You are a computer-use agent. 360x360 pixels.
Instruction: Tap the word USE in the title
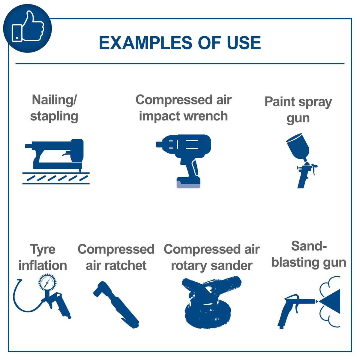(244, 43)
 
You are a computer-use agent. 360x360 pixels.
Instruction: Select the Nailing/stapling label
(54, 108)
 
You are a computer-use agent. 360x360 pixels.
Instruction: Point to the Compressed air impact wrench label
(183, 108)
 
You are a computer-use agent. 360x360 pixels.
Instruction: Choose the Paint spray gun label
(298, 109)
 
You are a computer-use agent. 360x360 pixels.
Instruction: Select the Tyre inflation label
(43, 257)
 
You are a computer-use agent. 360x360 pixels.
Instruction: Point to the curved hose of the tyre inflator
(21, 303)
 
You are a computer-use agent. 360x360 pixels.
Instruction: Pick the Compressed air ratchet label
(116, 257)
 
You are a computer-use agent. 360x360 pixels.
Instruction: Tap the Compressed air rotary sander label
(211, 257)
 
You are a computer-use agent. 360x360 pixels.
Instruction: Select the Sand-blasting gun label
(309, 254)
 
